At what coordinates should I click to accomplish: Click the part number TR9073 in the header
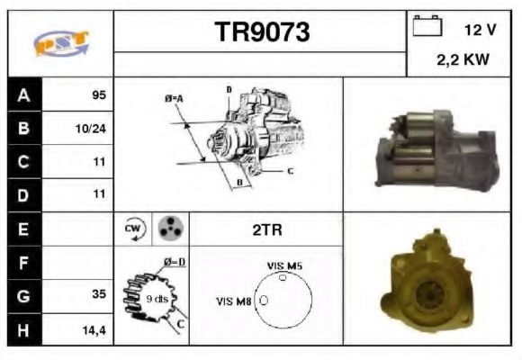[261, 32]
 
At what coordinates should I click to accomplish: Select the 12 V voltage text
[480, 30]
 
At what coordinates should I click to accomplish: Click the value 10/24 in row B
[91, 129]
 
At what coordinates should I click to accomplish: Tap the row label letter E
[24, 229]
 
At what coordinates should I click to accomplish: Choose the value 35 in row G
[98, 294]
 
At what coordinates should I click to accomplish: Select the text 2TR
[267, 229]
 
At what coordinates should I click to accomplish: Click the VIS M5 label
[285, 265]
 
